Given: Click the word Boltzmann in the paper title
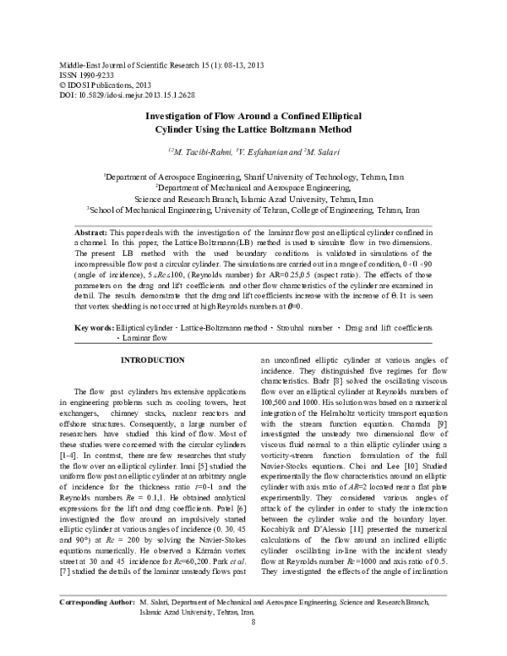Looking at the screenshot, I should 291,130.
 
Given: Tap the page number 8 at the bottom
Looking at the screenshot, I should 253,647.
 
